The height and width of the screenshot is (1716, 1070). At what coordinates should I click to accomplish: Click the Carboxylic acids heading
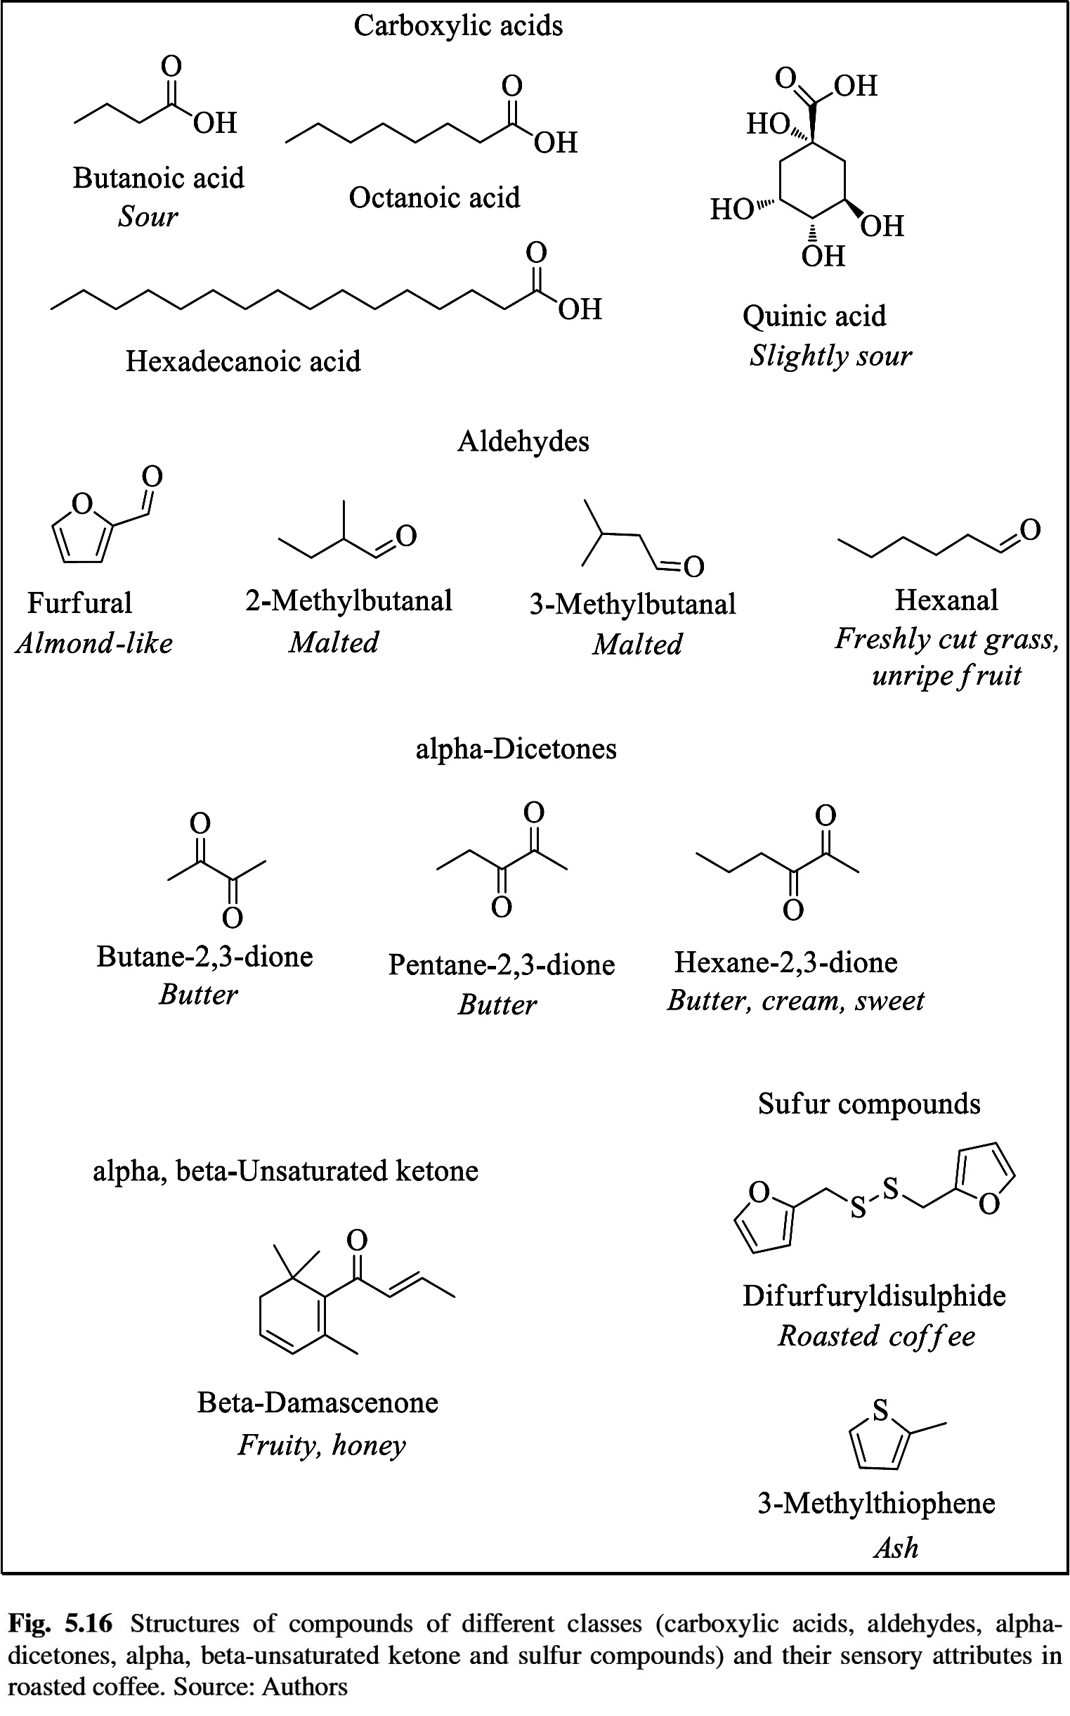458,26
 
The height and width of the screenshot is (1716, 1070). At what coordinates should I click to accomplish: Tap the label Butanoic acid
159,178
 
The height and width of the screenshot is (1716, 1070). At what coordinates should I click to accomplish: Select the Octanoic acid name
433,198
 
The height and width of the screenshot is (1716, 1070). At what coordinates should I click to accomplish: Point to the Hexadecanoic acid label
242,361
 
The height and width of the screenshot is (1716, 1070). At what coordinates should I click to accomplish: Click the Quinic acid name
814,316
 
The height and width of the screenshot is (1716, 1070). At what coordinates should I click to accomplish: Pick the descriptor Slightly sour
830,356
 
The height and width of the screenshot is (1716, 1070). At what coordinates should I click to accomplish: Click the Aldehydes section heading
523,441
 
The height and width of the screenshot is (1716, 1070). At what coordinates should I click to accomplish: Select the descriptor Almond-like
94,643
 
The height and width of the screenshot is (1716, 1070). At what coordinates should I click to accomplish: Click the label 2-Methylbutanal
348,601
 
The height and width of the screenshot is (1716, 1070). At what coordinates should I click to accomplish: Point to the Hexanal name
946,600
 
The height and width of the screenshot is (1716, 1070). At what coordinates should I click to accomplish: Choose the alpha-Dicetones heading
516,749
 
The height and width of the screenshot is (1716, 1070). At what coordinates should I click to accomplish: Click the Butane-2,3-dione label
204,956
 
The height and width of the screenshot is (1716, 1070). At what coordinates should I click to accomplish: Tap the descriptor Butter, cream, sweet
795,1001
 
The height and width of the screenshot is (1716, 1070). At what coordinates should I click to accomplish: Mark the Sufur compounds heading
869,1104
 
